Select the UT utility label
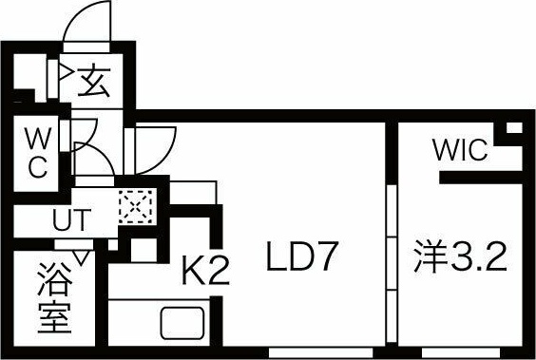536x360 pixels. click(71, 220)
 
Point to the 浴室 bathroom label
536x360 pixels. click(55, 298)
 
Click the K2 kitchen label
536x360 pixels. click(205, 273)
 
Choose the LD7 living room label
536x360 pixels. click(302, 258)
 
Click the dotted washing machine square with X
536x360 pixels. click(135, 206)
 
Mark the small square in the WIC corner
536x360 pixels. click(513, 128)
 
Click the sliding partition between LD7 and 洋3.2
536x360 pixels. click(391, 256)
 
